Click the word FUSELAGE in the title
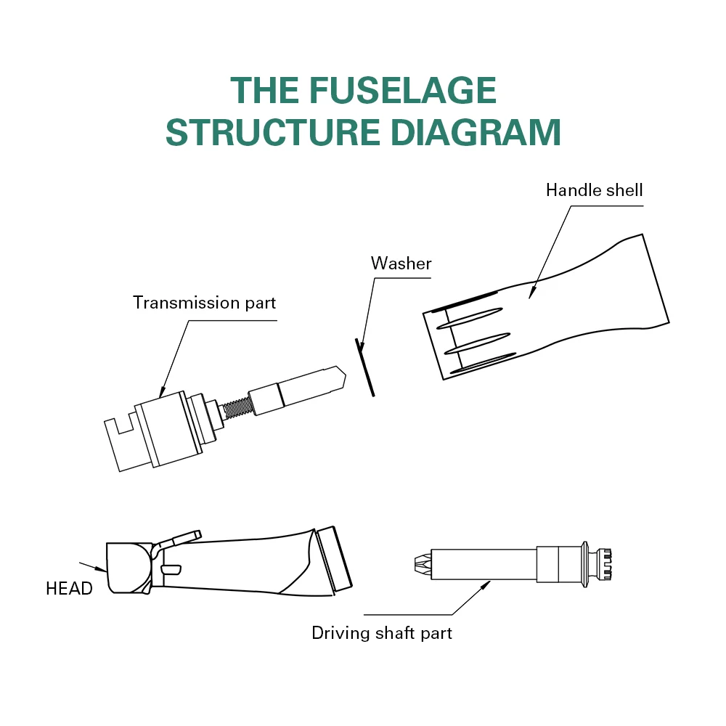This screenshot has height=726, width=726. coord(403,91)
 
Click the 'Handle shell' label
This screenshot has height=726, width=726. coord(594,190)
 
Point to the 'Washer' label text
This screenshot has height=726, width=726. coord(401,263)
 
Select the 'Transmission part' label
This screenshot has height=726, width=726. coord(204,302)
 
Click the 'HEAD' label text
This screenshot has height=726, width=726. coord(69,589)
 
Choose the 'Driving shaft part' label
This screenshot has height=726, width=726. coord(381,632)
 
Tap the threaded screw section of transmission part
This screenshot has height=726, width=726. coord(235,408)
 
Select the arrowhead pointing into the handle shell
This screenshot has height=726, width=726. coord(531,293)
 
